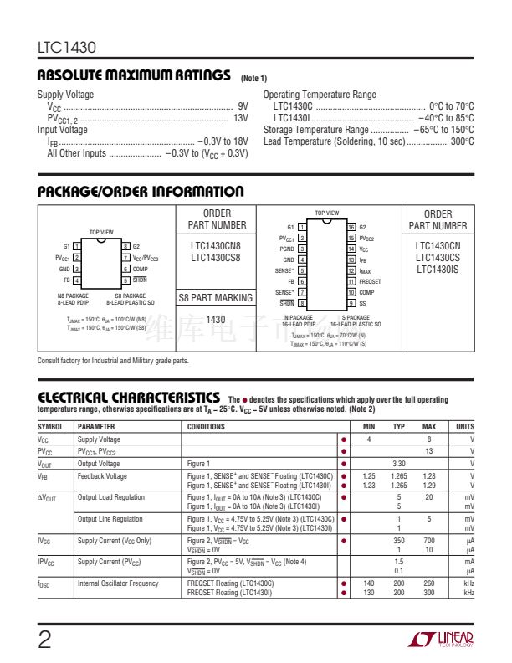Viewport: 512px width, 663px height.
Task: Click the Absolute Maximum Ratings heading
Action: click(134, 76)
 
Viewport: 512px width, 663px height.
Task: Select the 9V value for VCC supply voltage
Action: click(243, 106)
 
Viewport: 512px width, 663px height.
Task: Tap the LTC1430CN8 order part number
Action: click(215, 245)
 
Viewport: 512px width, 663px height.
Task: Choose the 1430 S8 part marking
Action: click(215, 320)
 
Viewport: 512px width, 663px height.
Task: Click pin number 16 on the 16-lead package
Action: click(351, 227)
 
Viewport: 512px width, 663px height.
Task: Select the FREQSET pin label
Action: click(370, 282)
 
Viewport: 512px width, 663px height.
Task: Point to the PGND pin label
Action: click(287, 249)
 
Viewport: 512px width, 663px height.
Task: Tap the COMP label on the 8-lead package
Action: click(140, 269)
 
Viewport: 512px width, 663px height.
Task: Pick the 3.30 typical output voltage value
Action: click(399, 463)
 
